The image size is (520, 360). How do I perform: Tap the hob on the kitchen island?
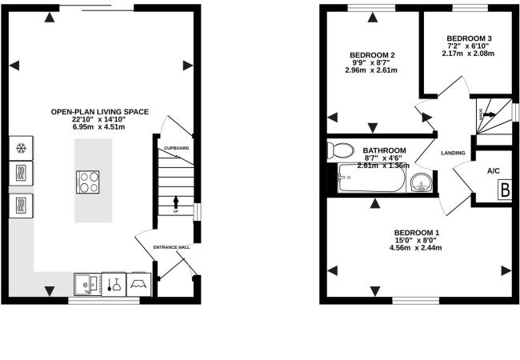pos(89,182)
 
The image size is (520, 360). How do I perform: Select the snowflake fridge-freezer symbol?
pos(21,149)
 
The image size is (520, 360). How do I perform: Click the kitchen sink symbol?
pos(86,283)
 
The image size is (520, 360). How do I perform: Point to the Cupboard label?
pos(176,149)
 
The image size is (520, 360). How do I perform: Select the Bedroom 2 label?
pos(372,55)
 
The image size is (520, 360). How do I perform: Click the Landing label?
pos(453,152)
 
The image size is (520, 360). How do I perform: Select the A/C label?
pos(494,170)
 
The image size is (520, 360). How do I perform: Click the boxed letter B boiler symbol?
pos(506,190)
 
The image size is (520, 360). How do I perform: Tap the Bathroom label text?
pos(384,150)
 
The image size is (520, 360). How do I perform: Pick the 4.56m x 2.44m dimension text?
pos(415,248)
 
